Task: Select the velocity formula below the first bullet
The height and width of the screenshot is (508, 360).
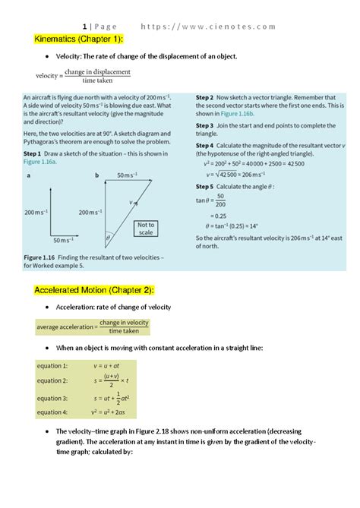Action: pyautogui.click(x=84, y=76)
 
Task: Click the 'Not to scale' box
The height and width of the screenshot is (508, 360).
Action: pyautogui.click(x=145, y=229)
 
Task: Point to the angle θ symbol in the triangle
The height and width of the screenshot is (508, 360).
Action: pyautogui.click(x=108, y=237)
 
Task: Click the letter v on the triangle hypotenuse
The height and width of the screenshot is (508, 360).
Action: pyautogui.click(x=131, y=202)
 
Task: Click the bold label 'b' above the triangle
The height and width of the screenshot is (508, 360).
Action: pyautogui.click(x=97, y=175)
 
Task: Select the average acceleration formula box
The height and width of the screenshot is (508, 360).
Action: pyautogui.click(x=93, y=327)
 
